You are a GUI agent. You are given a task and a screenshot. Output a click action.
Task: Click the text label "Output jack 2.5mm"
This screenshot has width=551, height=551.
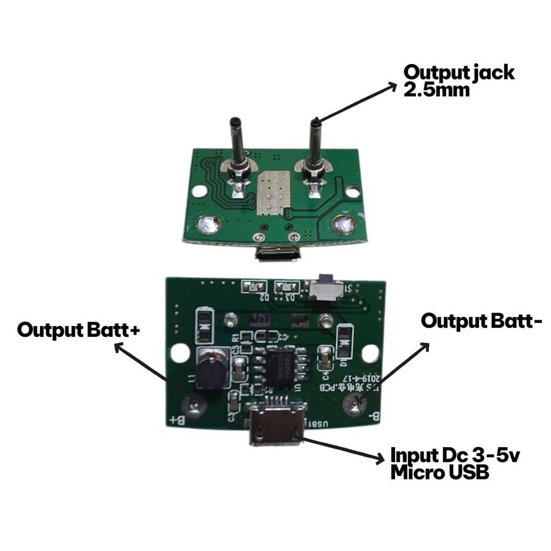[458, 80]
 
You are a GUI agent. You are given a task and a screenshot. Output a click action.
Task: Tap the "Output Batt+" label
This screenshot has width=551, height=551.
[79, 329]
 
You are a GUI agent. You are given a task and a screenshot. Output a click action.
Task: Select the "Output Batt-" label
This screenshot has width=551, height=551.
[482, 321]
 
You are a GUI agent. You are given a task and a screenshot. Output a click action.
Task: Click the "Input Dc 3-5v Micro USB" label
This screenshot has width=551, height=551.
[455, 464]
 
